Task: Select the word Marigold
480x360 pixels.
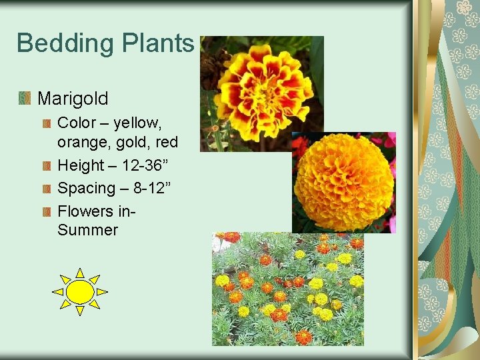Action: (x=73, y=99)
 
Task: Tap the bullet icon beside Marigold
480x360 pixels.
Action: (x=25, y=99)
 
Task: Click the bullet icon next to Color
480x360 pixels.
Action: (x=46, y=123)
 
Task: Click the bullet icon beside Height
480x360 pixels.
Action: (x=46, y=165)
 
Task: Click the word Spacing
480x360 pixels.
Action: (x=86, y=188)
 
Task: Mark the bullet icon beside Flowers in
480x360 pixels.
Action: (x=46, y=211)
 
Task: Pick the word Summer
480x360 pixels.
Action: (x=87, y=231)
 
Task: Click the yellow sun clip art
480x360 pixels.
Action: (x=80, y=292)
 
